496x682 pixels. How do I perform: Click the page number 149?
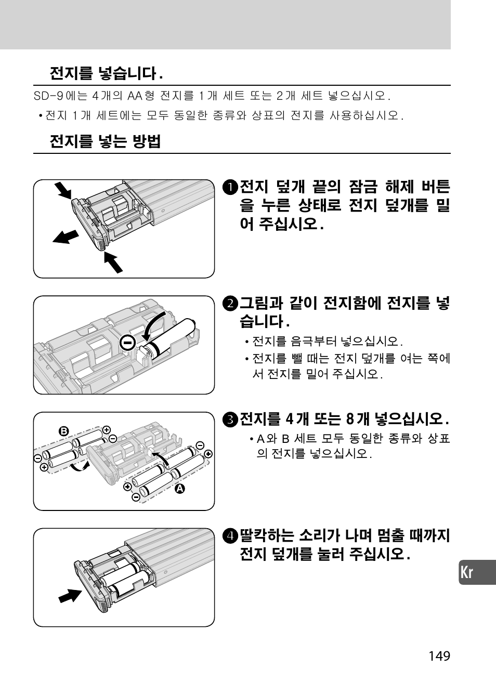tap(439, 655)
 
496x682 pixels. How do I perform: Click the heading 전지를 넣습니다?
tap(106, 73)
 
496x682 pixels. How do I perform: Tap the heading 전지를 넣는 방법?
tap(105, 141)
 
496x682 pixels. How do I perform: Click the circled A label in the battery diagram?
tap(180, 489)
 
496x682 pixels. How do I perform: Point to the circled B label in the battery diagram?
tap(63, 431)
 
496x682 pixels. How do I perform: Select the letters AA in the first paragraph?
tap(135, 96)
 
